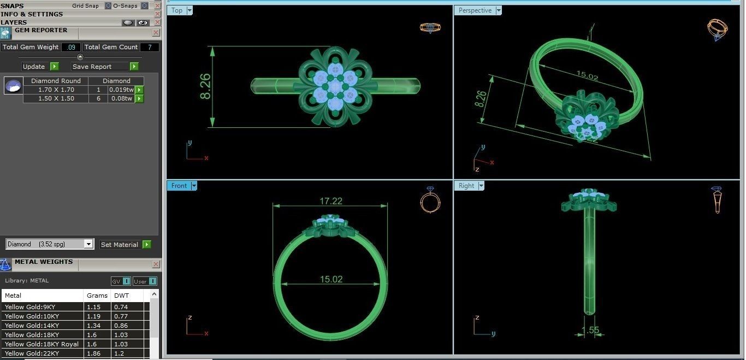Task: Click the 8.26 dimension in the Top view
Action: pyautogui.click(x=206, y=86)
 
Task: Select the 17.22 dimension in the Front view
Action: pyautogui.click(x=331, y=201)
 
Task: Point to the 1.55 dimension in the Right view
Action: pyautogui.click(x=590, y=330)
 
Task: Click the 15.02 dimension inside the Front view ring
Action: pyautogui.click(x=331, y=279)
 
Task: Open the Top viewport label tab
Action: pyautogui.click(x=177, y=10)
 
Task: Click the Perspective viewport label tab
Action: pyautogui.click(x=475, y=10)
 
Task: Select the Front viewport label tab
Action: pyautogui.click(x=179, y=186)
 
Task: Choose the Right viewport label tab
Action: pyautogui.click(x=466, y=186)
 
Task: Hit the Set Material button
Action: pyautogui.click(x=120, y=245)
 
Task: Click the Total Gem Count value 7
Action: pyautogui.click(x=149, y=47)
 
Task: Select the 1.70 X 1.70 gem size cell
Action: pyautogui.click(x=56, y=90)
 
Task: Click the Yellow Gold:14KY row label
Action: pyautogui.click(x=32, y=326)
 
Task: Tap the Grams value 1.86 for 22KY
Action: pyautogui.click(x=94, y=353)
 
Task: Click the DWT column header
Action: pyautogui.click(x=121, y=296)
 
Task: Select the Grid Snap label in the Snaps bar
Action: pyautogui.click(x=85, y=5)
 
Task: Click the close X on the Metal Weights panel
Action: pyautogui.click(x=156, y=264)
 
